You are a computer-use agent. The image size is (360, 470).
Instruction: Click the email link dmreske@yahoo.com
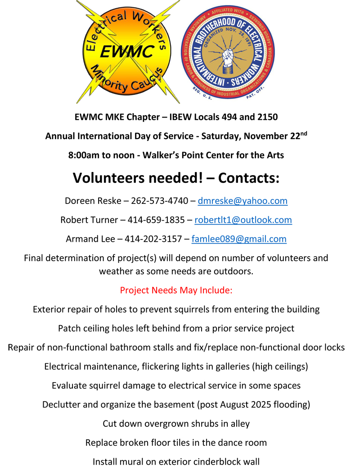point(243,201)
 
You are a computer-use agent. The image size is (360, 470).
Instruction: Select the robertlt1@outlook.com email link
point(243,220)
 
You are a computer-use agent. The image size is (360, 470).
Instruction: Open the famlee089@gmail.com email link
point(239,239)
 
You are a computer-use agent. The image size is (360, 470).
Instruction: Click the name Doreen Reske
point(93,201)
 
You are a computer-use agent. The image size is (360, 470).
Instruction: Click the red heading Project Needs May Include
point(176,290)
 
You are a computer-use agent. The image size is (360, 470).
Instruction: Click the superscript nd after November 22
point(304,133)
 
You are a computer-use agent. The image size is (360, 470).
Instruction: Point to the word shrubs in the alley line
point(204,424)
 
